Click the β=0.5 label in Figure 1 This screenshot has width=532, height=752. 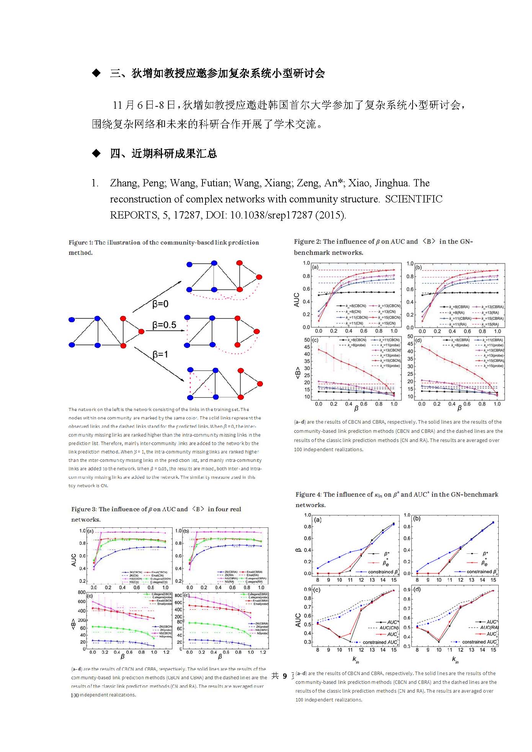164,325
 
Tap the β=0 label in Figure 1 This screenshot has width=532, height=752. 160,304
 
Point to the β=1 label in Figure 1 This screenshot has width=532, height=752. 160,355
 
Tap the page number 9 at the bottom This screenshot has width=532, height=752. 285,676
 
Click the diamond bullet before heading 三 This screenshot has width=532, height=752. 96,73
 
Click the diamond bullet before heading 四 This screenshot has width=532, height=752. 96,153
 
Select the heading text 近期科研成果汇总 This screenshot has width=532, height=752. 174,153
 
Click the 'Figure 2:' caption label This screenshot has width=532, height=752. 307,241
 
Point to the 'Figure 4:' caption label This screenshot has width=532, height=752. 308,494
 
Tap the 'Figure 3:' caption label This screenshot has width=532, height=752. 84,509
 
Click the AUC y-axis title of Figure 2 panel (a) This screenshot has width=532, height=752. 297,300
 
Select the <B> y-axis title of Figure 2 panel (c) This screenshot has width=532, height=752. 297,373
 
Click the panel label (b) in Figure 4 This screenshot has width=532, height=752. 417,519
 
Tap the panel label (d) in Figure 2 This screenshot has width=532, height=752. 418,340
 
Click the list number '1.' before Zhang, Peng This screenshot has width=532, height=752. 95,183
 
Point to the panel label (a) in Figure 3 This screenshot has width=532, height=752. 90,531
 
